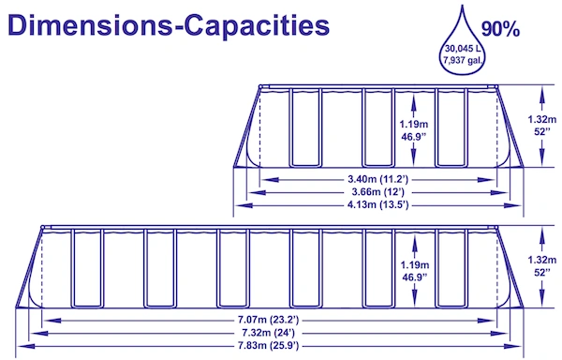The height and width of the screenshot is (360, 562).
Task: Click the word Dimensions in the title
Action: click(x=90, y=25)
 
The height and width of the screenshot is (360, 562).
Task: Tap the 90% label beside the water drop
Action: click(x=500, y=29)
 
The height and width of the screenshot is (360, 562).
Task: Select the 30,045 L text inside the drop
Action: click(x=463, y=49)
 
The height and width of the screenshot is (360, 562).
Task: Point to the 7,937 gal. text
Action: click(x=463, y=61)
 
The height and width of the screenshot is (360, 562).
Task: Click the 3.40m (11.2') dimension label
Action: click(x=377, y=179)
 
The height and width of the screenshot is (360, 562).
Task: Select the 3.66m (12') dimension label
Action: click(x=377, y=192)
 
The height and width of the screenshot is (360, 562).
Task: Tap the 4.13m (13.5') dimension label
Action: click(x=377, y=204)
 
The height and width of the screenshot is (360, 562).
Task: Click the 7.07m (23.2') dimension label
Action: click(x=268, y=319)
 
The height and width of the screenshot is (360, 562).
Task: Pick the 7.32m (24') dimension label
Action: click(x=268, y=333)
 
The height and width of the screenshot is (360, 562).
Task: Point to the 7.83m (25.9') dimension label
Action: click(x=268, y=346)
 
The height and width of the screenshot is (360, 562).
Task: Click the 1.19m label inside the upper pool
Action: click(x=414, y=124)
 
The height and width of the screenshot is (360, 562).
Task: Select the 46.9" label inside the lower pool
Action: click(x=415, y=277)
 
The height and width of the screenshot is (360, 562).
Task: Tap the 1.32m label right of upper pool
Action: click(x=542, y=119)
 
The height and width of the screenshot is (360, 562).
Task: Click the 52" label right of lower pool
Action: click(x=542, y=273)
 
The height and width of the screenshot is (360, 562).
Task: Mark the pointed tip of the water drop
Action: click(x=462, y=5)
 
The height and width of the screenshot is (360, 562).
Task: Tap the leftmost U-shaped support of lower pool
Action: click(x=87, y=268)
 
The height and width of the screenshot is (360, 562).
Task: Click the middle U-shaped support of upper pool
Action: click(x=378, y=127)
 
